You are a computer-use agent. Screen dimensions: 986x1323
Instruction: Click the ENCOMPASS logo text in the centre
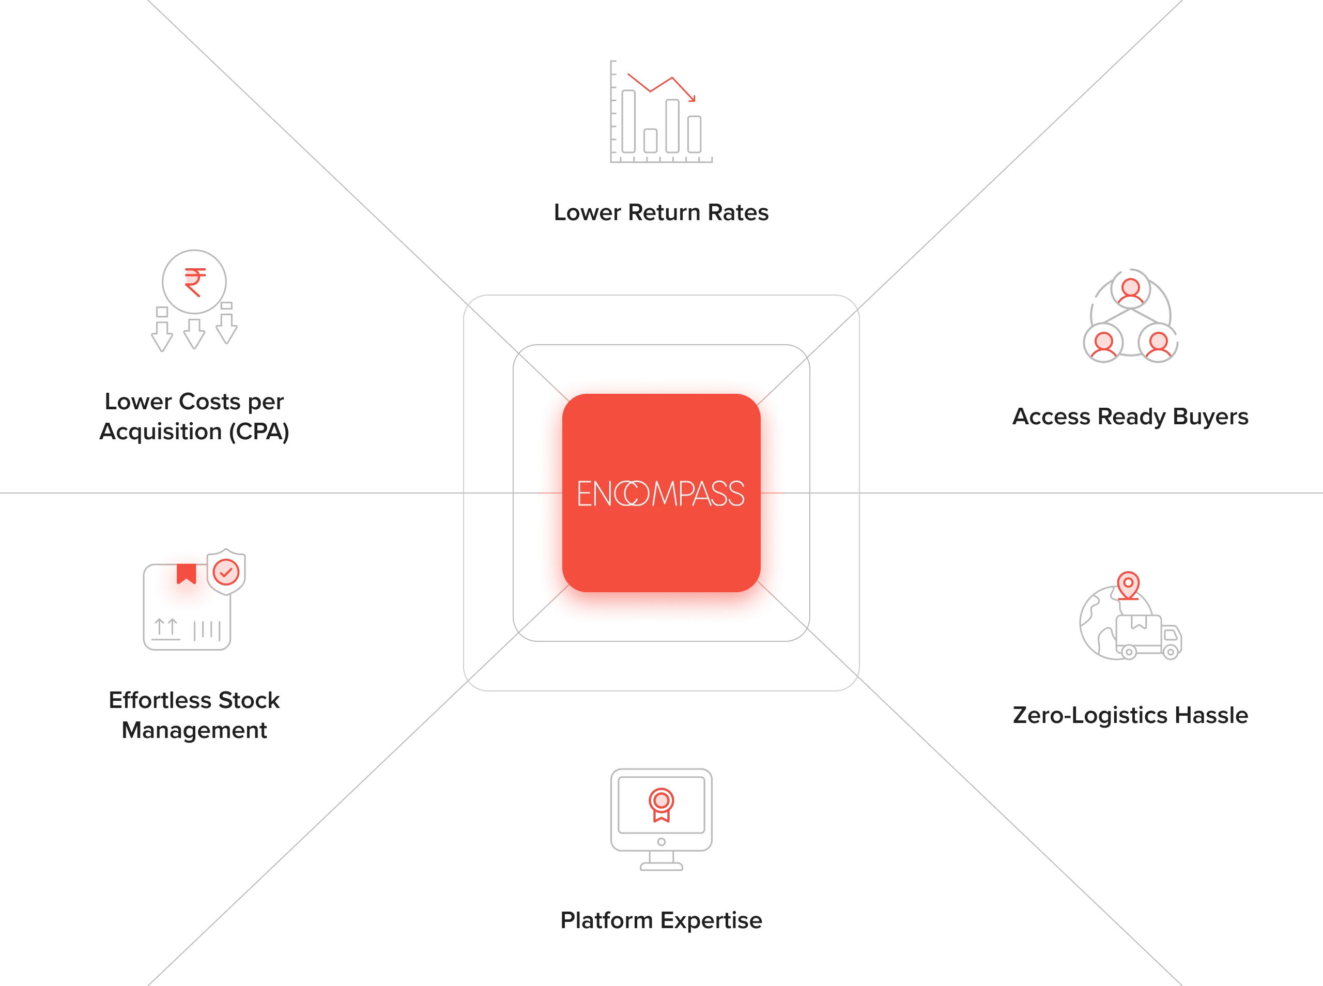pyautogui.click(x=660, y=494)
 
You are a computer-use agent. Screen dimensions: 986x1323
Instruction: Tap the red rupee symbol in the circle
pyautogui.click(x=194, y=282)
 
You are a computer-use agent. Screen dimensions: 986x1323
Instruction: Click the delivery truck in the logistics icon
pyautogui.click(x=1148, y=636)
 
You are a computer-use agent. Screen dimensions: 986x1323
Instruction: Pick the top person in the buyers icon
pyautogui.click(x=1131, y=290)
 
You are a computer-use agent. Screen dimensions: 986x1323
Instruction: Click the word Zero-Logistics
pyautogui.click(x=1090, y=715)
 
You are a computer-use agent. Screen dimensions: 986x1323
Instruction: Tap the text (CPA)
pyautogui.click(x=259, y=432)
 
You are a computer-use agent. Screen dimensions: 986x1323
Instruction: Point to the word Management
pyautogui.click(x=194, y=730)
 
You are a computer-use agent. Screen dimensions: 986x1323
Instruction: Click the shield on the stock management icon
pyautogui.click(x=226, y=571)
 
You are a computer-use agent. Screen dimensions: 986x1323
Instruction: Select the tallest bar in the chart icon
pyautogui.click(x=628, y=121)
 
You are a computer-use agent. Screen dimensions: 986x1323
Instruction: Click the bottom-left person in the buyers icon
pyautogui.click(x=1103, y=344)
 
